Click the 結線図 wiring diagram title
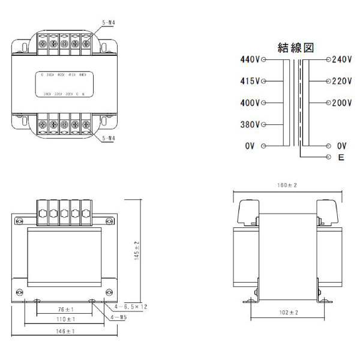coord(296,47)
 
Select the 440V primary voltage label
coord(250,60)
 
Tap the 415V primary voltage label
coord(250,81)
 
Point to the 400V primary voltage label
coord(250,103)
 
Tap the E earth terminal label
coord(340,158)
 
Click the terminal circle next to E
coord(328,157)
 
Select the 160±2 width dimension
coord(287,186)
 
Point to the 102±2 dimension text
coord(289,313)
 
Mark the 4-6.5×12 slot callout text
coord(127,306)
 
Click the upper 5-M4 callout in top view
coord(109,23)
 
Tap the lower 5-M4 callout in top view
coord(109,137)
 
